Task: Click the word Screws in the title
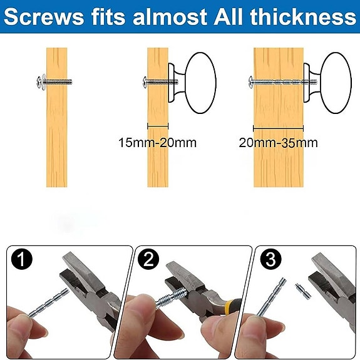tap(42, 16)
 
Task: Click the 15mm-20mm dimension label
tap(157, 143)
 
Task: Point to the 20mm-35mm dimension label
tap(278, 143)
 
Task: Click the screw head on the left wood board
tap(39, 81)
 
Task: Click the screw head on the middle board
tap(145, 81)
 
